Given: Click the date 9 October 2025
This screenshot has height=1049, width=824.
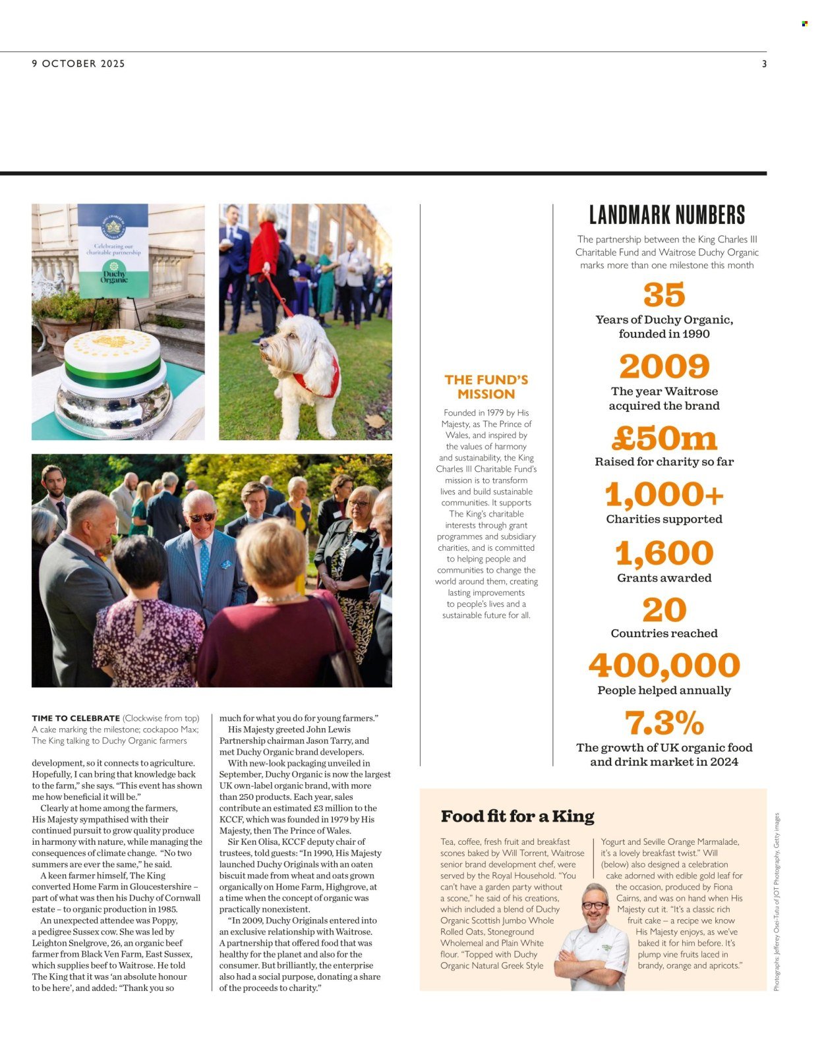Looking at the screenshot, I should pyautogui.click(x=78, y=64).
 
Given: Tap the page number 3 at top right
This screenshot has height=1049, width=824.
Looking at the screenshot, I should pyautogui.click(x=764, y=64).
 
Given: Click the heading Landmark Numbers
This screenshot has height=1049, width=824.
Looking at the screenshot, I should pyautogui.click(x=666, y=215).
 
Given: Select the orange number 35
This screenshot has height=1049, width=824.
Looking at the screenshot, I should pyautogui.click(x=664, y=295).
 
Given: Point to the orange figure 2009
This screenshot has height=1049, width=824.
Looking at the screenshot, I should pyautogui.click(x=664, y=366).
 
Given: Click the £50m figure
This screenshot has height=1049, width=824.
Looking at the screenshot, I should pyautogui.click(x=664, y=438).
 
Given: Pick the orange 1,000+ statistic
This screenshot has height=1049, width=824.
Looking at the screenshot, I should pyautogui.click(x=664, y=494).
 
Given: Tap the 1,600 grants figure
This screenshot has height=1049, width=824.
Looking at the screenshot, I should pyautogui.click(x=664, y=553).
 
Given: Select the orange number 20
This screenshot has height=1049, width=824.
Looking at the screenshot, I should pyautogui.click(x=664, y=610).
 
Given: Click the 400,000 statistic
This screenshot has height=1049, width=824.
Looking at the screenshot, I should pyautogui.click(x=664, y=666).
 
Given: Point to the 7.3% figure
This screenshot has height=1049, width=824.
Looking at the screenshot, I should pyautogui.click(x=664, y=723).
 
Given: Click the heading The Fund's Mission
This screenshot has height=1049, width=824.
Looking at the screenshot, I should pyautogui.click(x=486, y=387).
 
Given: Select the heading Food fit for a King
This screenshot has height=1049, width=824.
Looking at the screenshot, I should pyautogui.click(x=517, y=816).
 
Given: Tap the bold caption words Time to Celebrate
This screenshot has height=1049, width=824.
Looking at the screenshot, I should pyautogui.click(x=76, y=718).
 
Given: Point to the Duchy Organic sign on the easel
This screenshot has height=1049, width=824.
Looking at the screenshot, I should pyautogui.click(x=113, y=250).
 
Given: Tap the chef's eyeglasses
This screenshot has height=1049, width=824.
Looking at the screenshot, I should pyautogui.click(x=595, y=905).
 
